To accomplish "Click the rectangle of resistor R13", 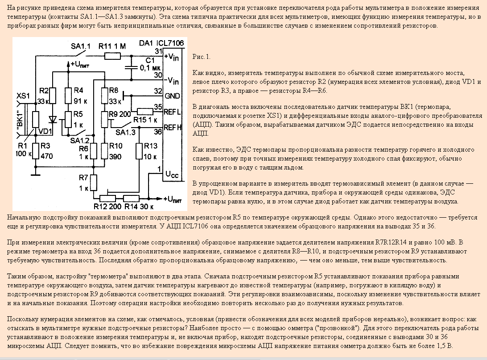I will [x=140, y=151].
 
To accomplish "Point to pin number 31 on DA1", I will [x=158, y=52].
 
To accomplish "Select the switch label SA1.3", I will [x=125, y=132].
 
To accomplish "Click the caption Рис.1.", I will [x=202, y=57].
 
